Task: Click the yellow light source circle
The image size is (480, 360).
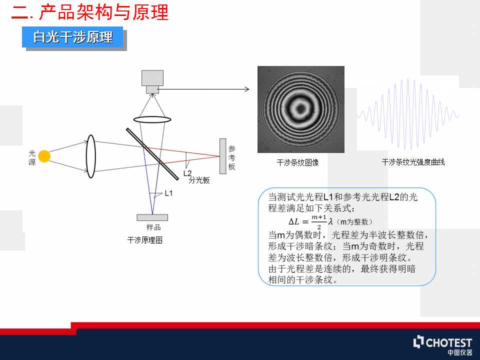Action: coord(44,156)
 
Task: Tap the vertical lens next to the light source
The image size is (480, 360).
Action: coord(91,156)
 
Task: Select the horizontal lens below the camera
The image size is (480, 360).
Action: coord(152,119)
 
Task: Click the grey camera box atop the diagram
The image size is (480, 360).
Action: coord(152,81)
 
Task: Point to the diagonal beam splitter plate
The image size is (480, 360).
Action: coord(152,154)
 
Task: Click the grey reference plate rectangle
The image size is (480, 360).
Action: coord(223,156)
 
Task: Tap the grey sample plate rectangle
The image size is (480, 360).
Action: coord(152,217)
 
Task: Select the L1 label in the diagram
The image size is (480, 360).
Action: coord(168,193)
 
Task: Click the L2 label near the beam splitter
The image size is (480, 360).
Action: coord(187,173)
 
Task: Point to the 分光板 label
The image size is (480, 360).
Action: coord(199,180)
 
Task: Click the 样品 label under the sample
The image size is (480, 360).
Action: coord(153,227)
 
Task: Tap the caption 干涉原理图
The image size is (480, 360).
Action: coord(145,240)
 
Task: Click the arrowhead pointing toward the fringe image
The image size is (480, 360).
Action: coord(247,89)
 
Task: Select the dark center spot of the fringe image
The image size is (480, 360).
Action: coord(300,108)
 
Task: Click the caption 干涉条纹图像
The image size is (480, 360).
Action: coord(298,162)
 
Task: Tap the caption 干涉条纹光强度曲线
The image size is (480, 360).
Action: coord(413,162)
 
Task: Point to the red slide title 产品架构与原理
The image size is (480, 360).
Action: coord(104,12)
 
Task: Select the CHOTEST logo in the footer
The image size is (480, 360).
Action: coord(442,345)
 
